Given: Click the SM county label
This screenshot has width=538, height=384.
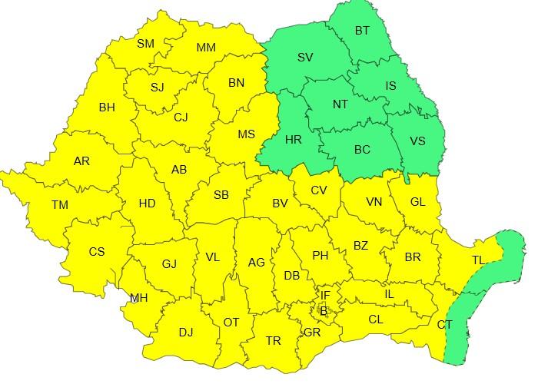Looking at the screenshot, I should tap(146, 44).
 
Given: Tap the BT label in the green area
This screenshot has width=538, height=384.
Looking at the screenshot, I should tap(362, 31).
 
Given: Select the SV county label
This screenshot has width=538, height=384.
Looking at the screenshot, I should tap(305, 58).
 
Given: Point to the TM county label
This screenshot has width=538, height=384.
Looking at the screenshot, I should tap(60, 205).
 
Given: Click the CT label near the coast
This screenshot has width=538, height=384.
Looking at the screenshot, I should tap(445, 325).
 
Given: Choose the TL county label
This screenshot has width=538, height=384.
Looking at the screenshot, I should tap(478, 260).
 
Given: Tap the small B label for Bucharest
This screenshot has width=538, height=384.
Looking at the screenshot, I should tap(324, 311).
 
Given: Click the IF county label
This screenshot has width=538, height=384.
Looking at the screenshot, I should tap(325, 294).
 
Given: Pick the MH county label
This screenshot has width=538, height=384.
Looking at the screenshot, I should tap(138, 299).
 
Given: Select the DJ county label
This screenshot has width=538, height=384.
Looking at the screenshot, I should tap(186, 332).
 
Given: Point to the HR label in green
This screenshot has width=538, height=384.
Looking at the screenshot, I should tap(293, 140).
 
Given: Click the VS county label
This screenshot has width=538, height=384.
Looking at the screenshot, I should tap(417, 141).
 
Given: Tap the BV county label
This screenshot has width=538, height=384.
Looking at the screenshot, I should tap(280, 204).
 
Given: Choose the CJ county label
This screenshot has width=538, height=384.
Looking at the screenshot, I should tap(181, 118).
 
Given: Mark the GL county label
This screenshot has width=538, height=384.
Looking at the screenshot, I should tap(418, 202).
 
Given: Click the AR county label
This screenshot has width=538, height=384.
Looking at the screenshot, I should tap(81, 161).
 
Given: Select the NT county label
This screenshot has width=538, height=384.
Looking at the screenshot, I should tap(340, 104).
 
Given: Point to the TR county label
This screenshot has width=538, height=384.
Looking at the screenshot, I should tap(273, 341).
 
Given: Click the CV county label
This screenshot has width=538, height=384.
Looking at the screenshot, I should tap(319, 190).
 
